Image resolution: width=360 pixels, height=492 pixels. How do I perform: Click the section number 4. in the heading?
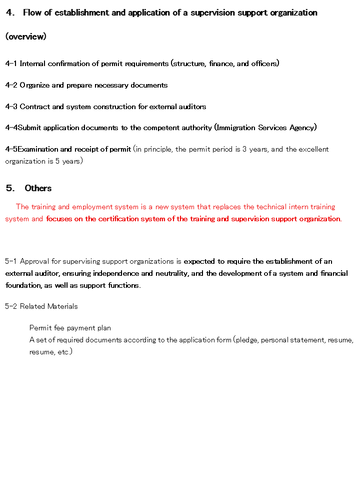(x=10, y=13)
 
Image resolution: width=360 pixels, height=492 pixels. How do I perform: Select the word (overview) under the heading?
(x=26, y=37)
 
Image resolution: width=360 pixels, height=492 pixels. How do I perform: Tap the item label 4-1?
(x=11, y=64)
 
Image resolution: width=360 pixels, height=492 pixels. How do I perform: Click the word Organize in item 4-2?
(x=34, y=85)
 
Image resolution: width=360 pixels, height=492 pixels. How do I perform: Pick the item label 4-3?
(x=11, y=107)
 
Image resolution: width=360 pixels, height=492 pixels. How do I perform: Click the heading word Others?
(x=38, y=188)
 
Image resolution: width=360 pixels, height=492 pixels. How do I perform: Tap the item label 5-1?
(x=11, y=261)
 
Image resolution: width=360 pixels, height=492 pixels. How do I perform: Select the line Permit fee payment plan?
(x=70, y=328)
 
